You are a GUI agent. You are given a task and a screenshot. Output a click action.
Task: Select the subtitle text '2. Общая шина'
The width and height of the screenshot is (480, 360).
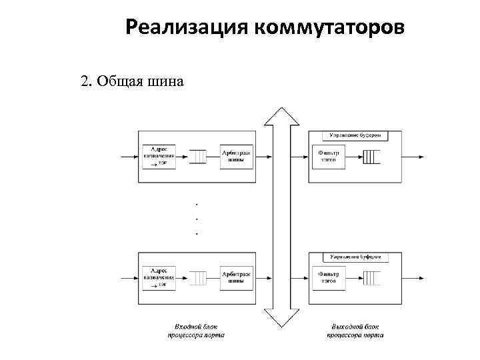pos(132,81)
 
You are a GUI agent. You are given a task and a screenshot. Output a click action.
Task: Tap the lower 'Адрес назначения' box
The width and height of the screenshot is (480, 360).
pos(159,277)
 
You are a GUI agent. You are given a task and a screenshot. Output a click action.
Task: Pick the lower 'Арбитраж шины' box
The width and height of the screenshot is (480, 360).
pos(236,277)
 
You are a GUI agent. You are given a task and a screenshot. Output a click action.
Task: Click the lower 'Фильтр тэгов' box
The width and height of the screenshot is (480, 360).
pos(327,277)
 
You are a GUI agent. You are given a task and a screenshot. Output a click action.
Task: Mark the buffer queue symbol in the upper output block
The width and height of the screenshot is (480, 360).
pos(371,157)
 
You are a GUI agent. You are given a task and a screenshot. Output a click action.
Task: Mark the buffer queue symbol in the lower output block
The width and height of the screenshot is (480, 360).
pos(371,277)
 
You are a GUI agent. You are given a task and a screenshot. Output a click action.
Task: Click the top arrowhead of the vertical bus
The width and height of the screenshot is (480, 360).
pos(281,116)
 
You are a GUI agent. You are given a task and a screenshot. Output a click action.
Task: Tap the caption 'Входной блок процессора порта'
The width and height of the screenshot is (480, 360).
pos(195,331)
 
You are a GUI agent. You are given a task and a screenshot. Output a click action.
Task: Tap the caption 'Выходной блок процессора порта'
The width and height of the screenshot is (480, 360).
pos(355,331)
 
